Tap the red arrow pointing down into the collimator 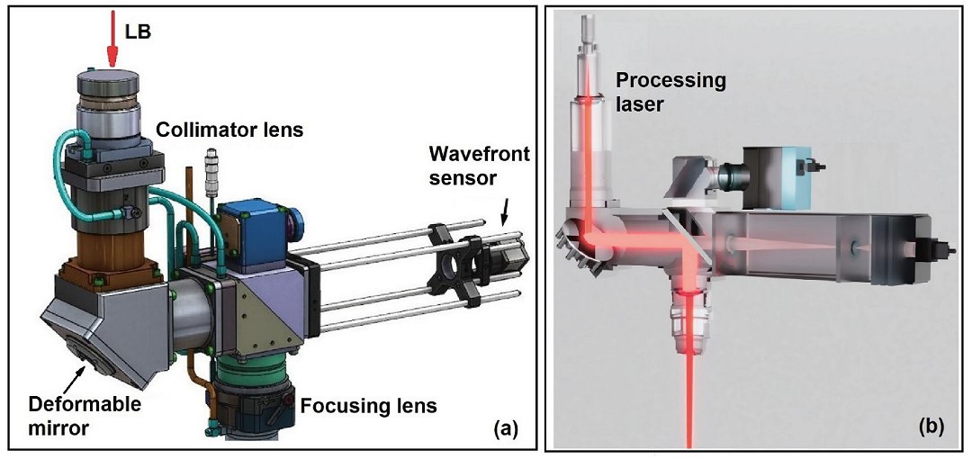(112, 40)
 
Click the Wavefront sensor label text (479, 165)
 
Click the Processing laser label (670, 92)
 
